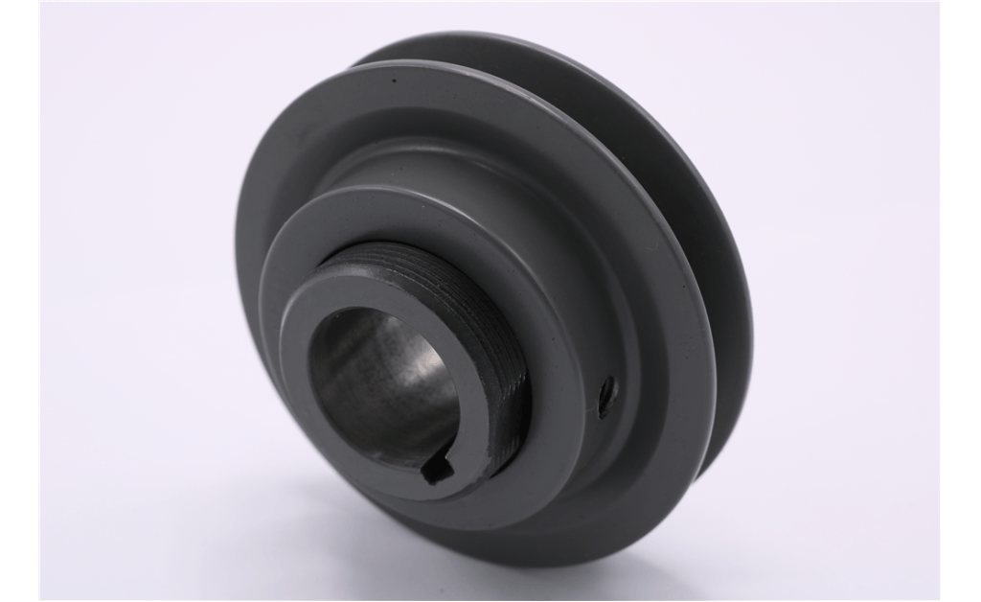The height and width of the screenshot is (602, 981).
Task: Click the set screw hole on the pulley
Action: (606, 394)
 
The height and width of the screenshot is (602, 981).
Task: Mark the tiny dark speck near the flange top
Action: (394, 81)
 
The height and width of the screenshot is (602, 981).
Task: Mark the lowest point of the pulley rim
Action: (536, 565)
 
